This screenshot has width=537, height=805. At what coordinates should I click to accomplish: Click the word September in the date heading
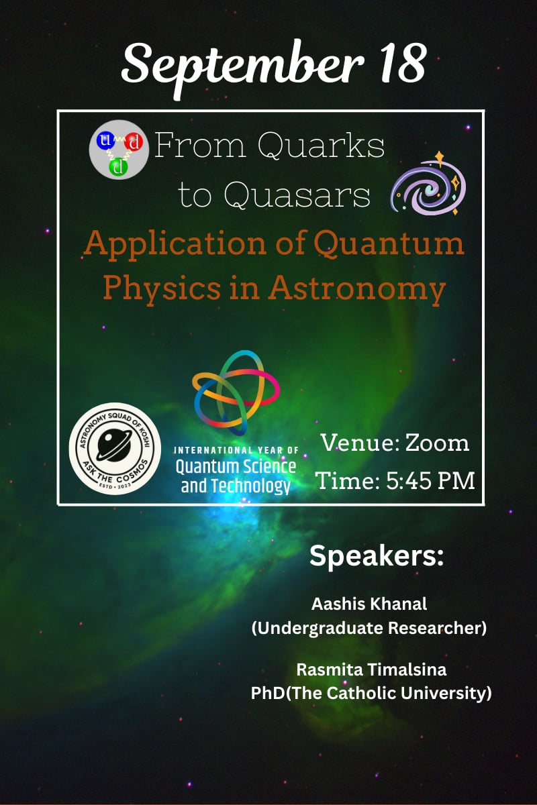242,67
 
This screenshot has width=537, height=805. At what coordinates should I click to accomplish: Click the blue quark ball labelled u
105,140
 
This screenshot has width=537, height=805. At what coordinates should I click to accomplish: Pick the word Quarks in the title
321,146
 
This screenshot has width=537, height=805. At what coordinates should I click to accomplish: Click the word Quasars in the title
297,195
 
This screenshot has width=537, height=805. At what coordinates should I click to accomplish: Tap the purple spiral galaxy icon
429,184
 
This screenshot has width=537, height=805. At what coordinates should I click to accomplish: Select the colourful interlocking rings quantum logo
236,392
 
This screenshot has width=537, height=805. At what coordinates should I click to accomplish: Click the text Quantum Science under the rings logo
236,467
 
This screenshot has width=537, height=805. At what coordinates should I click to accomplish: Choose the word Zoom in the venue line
438,443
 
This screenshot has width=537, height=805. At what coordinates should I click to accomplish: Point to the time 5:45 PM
430,480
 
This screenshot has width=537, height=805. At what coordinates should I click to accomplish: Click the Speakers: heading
377,556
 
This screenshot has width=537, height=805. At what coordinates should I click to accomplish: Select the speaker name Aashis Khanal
369,604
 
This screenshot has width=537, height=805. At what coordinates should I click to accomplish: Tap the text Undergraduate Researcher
369,628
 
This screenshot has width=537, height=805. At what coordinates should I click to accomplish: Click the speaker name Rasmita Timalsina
371,669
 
